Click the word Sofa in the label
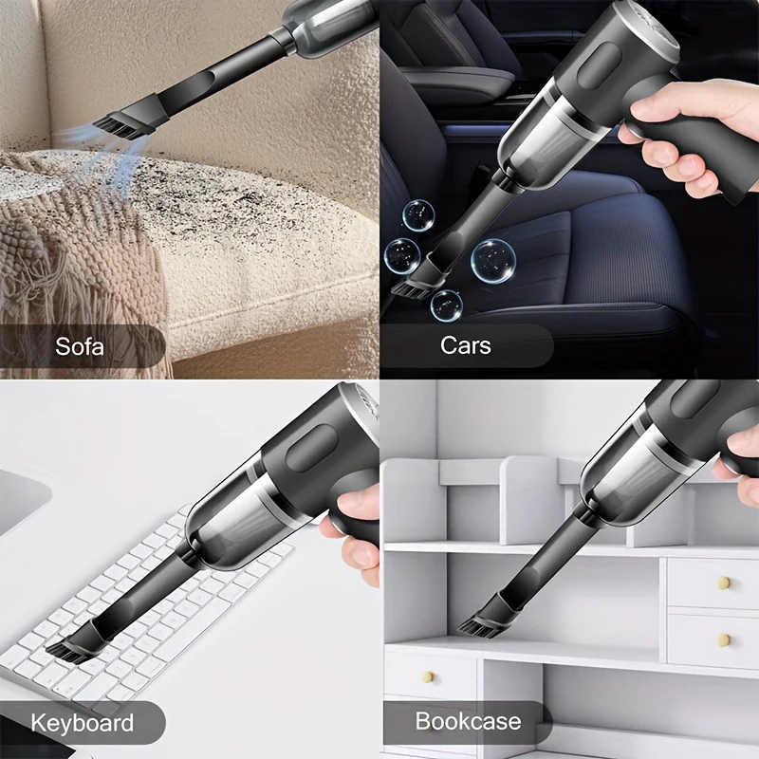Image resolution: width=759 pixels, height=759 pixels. [x=80, y=345]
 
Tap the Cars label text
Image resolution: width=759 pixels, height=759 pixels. [x=466, y=344]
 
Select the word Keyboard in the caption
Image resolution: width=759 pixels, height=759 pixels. [x=83, y=723]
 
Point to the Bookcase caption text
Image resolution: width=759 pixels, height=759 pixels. [x=468, y=721]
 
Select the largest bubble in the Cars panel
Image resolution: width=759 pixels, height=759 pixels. [x=493, y=259]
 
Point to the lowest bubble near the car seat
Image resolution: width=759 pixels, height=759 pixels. [x=446, y=304]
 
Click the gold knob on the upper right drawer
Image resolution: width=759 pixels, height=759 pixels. [x=724, y=582]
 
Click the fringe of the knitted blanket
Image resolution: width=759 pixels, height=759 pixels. [x=57, y=285]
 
